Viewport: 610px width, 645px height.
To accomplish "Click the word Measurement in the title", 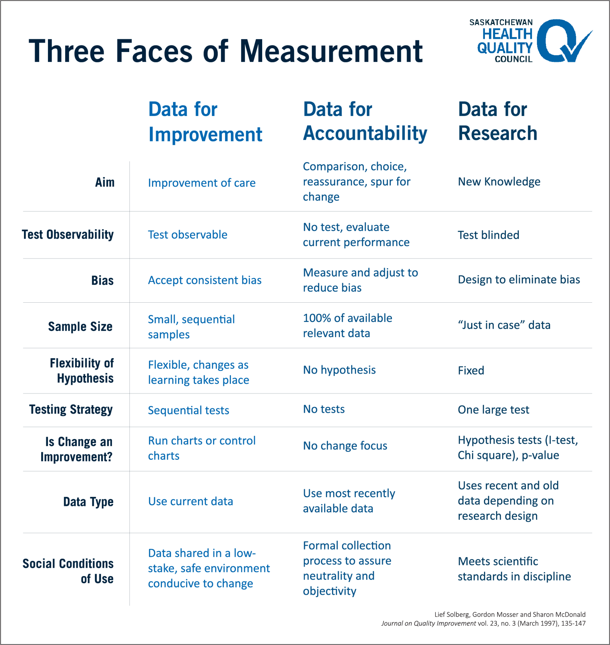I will click(331, 51).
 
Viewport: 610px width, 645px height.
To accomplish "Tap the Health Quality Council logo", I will click(531, 41).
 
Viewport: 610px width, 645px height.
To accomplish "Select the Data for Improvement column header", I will click(205, 122).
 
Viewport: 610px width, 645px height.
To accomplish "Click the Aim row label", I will click(105, 182).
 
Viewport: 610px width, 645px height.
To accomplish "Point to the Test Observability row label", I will click(68, 235).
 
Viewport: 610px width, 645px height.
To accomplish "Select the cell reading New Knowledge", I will click(499, 182).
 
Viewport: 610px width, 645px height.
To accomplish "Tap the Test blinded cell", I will click(488, 235).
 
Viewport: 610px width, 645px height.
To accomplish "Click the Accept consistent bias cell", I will click(204, 280).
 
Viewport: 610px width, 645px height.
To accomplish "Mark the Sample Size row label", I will click(80, 327).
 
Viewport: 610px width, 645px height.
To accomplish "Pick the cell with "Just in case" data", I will click(504, 325).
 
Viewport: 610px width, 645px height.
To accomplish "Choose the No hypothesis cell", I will click(339, 370).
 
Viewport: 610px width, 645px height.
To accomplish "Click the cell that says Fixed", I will click(471, 370).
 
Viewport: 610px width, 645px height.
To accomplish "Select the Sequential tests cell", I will click(188, 410).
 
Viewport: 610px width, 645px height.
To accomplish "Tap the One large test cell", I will click(493, 410).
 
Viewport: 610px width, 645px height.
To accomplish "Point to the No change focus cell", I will click(345, 446).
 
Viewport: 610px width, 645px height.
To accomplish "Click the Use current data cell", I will click(190, 501).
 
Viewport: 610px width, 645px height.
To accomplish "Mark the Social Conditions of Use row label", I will click(68, 571).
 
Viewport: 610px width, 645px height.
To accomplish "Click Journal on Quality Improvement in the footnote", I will click(428, 623).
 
